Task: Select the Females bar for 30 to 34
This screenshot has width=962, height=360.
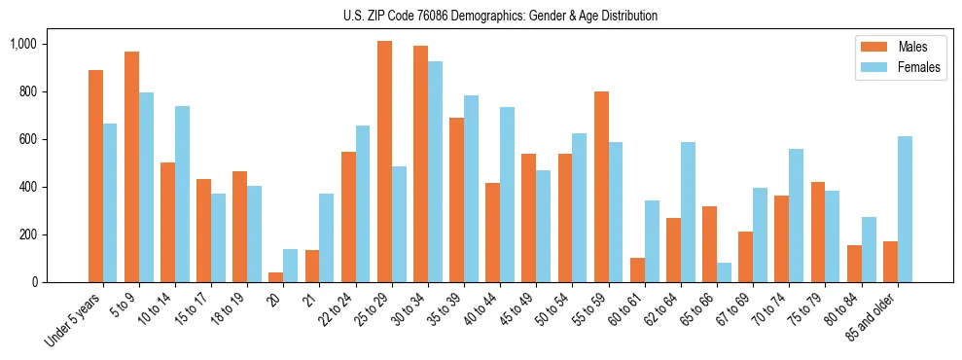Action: pyautogui.click(x=435, y=172)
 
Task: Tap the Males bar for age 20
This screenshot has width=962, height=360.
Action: pyautogui.click(x=276, y=277)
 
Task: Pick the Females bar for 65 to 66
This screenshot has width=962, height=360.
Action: pyautogui.click(x=724, y=272)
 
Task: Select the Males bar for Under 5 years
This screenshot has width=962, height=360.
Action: pyautogui.click(x=95, y=176)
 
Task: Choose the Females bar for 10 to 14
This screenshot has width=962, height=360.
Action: pyautogui.click(x=182, y=195)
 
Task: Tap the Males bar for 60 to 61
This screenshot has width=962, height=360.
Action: pyautogui.click(x=637, y=270)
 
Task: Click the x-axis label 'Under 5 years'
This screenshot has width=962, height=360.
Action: pyautogui.click(x=74, y=318)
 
